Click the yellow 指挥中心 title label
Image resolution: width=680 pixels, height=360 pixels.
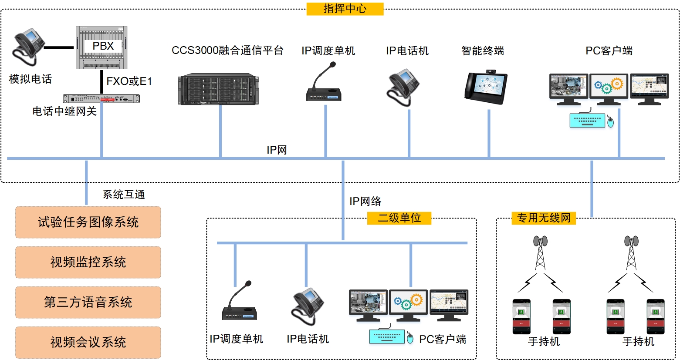[x=345, y=9]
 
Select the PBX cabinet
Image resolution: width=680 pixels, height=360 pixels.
[x=101, y=47]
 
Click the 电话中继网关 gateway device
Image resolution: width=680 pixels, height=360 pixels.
[x=101, y=99]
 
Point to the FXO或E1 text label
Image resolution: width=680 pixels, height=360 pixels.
[x=129, y=81]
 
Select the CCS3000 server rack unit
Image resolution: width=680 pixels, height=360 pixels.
[x=218, y=90]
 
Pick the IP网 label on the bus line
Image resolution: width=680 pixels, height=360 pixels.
[x=277, y=150]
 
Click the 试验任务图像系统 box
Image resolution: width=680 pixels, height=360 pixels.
[x=88, y=222]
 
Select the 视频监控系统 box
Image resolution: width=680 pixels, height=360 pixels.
[x=88, y=262]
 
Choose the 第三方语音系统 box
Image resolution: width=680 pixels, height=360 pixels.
[x=88, y=303]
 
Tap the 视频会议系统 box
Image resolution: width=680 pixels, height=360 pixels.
[x=88, y=343]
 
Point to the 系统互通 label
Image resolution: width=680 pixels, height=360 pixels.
[x=124, y=195]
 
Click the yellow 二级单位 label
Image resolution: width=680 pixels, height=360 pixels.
[x=399, y=218]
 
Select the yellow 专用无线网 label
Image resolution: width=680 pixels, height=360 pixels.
[x=544, y=218]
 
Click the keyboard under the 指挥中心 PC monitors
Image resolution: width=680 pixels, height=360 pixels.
[x=587, y=120]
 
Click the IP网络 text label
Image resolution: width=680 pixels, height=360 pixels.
[x=365, y=201]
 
